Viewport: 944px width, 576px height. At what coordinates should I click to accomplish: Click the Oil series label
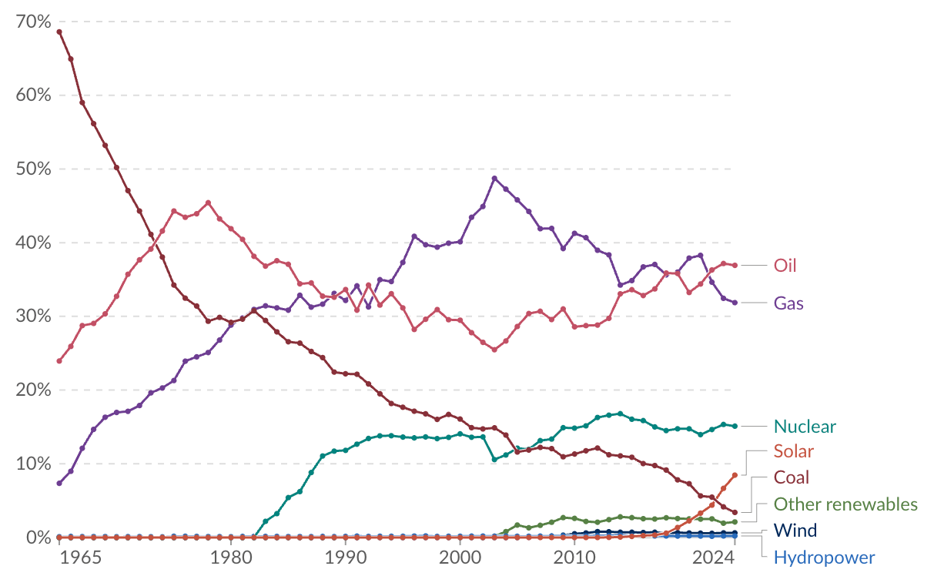click(785, 266)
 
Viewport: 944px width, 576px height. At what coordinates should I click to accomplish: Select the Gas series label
click(788, 303)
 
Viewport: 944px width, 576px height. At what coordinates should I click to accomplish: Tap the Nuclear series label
click(805, 427)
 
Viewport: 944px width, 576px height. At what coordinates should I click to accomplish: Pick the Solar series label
click(794, 451)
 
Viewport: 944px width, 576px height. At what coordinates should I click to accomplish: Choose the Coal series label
click(792, 477)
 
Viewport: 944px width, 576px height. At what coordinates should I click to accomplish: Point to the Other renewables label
click(845, 504)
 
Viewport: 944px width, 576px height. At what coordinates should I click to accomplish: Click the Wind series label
click(795, 530)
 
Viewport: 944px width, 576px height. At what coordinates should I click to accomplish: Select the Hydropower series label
click(824, 558)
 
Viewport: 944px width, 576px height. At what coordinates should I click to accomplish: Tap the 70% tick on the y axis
click(33, 22)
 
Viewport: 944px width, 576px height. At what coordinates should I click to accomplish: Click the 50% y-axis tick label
click(33, 169)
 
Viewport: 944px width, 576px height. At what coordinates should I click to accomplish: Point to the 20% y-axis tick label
click(33, 390)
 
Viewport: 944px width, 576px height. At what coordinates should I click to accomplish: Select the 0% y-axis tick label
click(38, 537)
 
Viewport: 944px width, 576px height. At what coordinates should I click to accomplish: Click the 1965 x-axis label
click(81, 558)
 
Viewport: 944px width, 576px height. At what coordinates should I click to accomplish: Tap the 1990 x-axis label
click(345, 558)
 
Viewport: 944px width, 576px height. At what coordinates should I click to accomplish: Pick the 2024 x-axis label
click(713, 558)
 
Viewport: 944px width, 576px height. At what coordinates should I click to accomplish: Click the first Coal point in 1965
click(59, 32)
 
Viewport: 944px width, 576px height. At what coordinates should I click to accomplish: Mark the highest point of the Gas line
click(494, 178)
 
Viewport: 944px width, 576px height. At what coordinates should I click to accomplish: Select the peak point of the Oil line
click(208, 203)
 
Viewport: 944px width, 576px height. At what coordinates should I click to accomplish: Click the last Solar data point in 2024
click(735, 475)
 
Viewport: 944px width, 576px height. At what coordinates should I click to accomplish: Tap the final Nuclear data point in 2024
click(735, 427)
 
